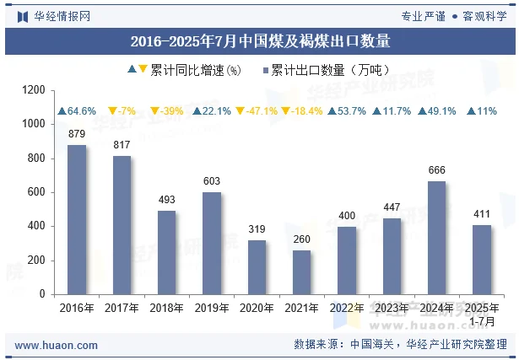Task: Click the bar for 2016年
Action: point(77,219)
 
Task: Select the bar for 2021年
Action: point(301,271)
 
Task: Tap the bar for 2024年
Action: point(436,238)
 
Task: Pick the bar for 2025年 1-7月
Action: point(481,260)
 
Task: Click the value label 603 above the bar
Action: point(212,180)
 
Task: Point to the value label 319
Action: point(257,228)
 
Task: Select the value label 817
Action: point(122,144)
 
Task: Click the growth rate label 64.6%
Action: point(77,111)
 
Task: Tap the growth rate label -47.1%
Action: point(257,111)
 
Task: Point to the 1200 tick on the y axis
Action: point(35,89)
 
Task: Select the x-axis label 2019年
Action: point(212,309)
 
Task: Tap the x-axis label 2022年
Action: point(347,309)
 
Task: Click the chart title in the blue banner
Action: point(259,40)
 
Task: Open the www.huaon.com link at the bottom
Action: point(57,346)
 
